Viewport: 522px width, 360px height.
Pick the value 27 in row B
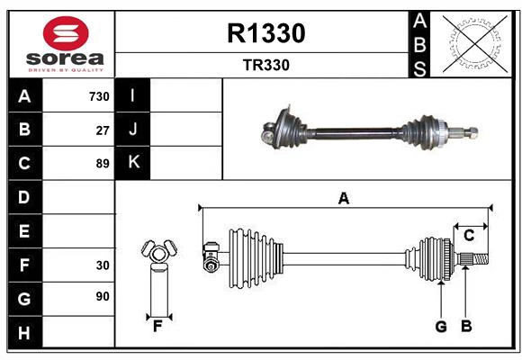(x=103, y=130)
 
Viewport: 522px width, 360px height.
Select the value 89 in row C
(x=103, y=164)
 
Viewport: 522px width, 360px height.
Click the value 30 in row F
(x=103, y=265)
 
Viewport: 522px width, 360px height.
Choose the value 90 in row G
(x=103, y=296)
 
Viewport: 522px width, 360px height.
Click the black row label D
(x=24, y=197)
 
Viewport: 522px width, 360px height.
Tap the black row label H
(x=24, y=334)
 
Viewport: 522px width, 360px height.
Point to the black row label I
(x=133, y=95)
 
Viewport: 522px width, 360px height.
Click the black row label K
(x=133, y=163)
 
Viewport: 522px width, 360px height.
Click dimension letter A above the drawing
(x=343, y=199)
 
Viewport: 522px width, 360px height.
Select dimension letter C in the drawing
(x=469, y=236)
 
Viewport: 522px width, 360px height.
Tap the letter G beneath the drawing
(x=441, y=327)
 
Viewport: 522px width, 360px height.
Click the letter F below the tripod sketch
(x=157, y=327)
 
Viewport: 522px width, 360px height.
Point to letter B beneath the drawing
(x=465, y=327)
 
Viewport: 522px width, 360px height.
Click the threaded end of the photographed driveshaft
(x=469, y=135)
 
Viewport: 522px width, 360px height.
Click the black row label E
(x=24, y=231)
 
